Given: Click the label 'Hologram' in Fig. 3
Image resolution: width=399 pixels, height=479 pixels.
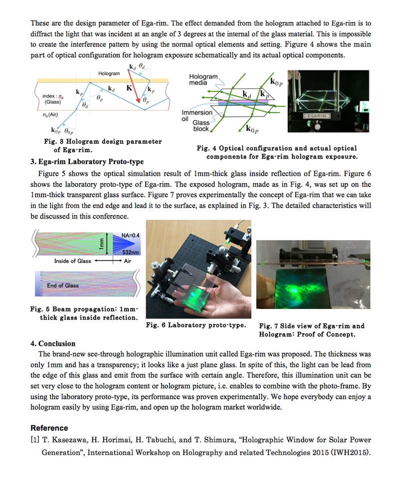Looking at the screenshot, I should click(109, 73).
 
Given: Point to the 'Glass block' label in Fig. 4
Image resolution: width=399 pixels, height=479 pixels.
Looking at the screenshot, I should click(201, 126).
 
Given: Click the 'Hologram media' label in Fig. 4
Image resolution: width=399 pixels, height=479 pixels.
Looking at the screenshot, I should click(203, 79).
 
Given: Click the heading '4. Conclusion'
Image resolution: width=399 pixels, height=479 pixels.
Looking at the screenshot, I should click(53, 343).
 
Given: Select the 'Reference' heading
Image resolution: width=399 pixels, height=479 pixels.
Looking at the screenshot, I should click(49, 428).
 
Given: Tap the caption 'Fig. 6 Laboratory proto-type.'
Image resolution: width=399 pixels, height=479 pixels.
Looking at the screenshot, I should click(196, 325).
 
